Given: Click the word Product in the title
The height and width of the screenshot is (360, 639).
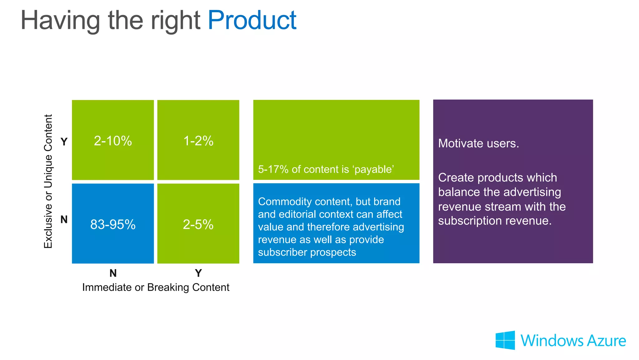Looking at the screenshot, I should [x=252, y=21].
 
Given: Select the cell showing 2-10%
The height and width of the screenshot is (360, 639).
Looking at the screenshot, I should [x=113, y=141].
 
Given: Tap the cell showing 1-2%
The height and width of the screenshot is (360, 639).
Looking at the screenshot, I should [x=198, y=141].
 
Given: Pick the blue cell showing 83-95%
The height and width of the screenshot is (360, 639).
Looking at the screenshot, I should [x=113, y=224].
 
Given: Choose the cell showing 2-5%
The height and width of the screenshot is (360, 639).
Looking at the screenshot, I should [x=198, y=224].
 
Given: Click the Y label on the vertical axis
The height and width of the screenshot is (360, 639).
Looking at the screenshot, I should [x=64, y=142].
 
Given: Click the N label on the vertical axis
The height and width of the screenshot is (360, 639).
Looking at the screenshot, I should [x=64, y=219].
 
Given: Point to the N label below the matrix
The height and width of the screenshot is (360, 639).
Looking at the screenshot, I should [x=113, y=273].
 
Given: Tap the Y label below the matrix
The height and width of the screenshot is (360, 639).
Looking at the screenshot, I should [x=198, y=273].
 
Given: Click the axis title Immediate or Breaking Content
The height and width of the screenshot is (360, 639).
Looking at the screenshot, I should [x=156, y=287].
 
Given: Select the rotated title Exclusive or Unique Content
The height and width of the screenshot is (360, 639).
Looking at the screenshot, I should [x=48, y=181].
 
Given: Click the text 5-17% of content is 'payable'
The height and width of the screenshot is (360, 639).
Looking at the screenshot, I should [x=326, y=169].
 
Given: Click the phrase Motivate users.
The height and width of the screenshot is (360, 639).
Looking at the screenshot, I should [x=478, y=143].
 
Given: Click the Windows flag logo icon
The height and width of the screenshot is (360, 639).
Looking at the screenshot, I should [x=505, y=340].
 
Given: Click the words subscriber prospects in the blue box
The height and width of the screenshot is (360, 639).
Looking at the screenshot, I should [x=307, y=252].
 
